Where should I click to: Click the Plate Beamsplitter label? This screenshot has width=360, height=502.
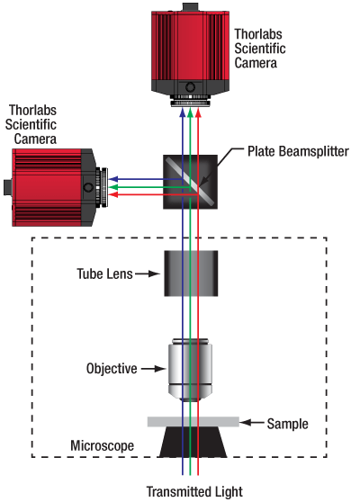298,151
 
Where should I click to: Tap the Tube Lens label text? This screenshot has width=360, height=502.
104,274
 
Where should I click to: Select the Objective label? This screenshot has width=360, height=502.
112,369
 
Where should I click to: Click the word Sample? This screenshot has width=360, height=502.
288,424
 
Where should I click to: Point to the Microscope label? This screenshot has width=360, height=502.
103,445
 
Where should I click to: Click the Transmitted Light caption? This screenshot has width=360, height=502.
194,491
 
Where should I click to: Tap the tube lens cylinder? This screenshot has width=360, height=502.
191,273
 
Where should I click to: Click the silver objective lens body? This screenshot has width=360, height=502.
190,370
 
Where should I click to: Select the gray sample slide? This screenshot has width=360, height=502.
193,422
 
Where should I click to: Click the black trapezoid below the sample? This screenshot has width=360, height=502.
193,442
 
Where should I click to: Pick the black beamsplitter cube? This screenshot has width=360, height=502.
191,182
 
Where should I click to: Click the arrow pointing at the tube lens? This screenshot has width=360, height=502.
148,273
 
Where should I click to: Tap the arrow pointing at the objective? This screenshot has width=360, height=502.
153,369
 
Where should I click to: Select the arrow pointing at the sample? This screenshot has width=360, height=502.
252,423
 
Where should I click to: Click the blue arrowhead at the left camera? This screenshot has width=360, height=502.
113,179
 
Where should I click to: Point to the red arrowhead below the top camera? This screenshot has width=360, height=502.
198,112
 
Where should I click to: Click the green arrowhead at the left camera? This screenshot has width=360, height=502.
113,187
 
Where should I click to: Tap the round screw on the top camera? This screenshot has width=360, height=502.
190,86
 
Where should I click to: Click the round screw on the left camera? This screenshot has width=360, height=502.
88,187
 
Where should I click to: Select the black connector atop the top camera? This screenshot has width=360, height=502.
190,7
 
